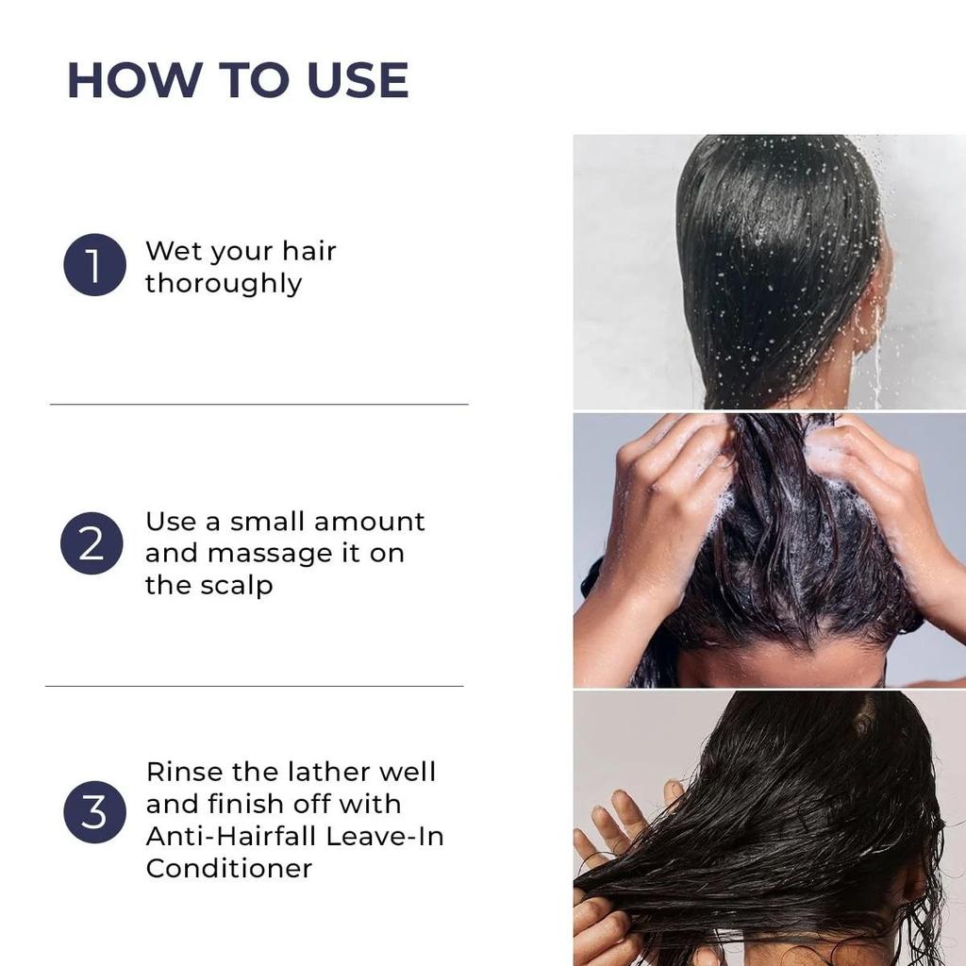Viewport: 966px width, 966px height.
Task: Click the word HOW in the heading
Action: [x=135, y=80]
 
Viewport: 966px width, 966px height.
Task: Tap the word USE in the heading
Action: [x=358, y=80]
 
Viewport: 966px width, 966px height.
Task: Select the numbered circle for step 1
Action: [x=95, y=265]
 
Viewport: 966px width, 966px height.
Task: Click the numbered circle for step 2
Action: [x=92, y=543]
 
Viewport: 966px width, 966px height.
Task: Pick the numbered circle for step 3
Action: [x=95, y=812]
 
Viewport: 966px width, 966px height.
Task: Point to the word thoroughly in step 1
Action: [x=224, y=284]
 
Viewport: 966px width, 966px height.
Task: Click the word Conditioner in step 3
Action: [x=229, y=869]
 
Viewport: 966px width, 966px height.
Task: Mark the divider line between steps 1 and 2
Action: [x=259, y=404]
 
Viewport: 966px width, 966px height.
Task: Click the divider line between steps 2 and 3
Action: [x=255, y=686]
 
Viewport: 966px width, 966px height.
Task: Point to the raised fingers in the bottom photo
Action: [x=628, y=813]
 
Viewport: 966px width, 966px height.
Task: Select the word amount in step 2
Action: [x=369, y=522]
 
